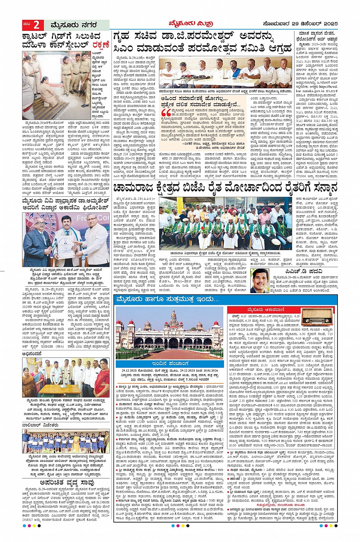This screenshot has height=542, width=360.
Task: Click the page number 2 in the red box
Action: coord(37,25)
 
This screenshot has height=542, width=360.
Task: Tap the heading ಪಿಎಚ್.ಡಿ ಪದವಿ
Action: coord(304,271)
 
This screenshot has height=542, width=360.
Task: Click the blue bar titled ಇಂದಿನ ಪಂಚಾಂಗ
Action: coord(169,364)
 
